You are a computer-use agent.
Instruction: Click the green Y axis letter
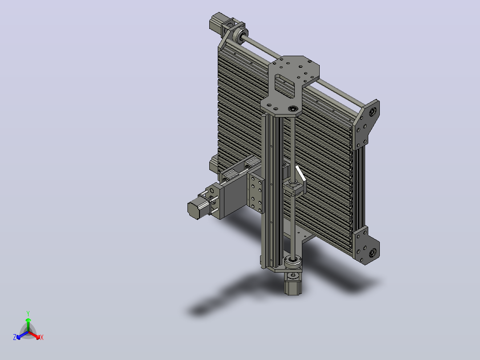tap(28, 313)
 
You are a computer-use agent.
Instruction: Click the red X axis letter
tap(42, 337)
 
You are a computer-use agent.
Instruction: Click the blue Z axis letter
tap(15, 337)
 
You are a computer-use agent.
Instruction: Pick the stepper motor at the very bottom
tap(293, 283)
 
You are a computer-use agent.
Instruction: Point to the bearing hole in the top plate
tap(293, 109)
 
